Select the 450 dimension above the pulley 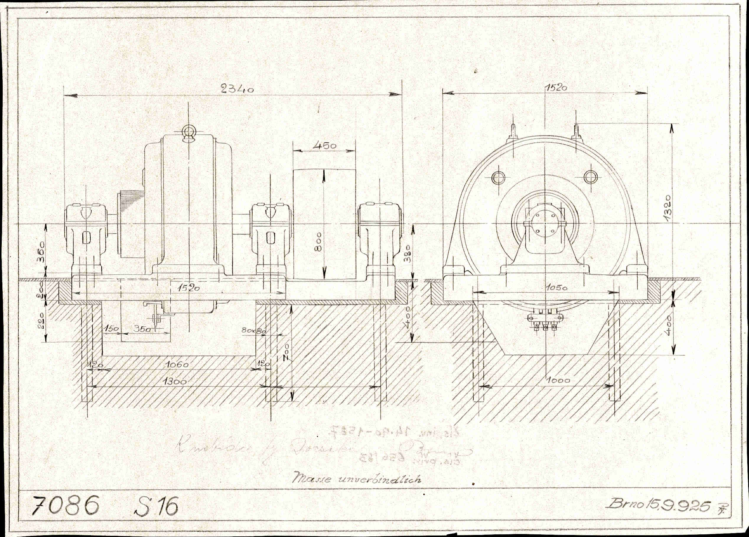click(x=324, y=145)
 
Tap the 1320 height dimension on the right click(x=667, y=208)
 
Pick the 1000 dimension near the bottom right click(x=557, y=380)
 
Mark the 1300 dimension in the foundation click(x=175, y=381)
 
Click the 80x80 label click(x=254, y=330)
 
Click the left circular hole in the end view click(x=498, y=178)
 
